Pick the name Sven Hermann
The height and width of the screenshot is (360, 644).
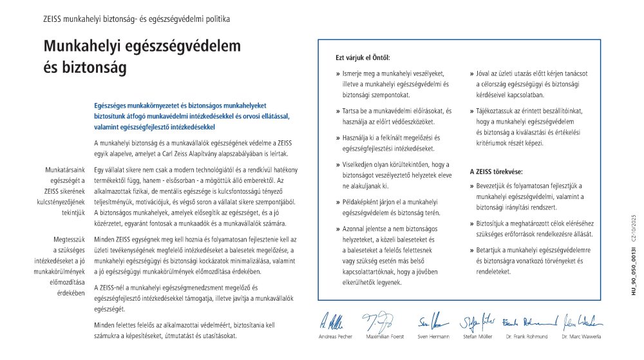[x=431, y=337]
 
